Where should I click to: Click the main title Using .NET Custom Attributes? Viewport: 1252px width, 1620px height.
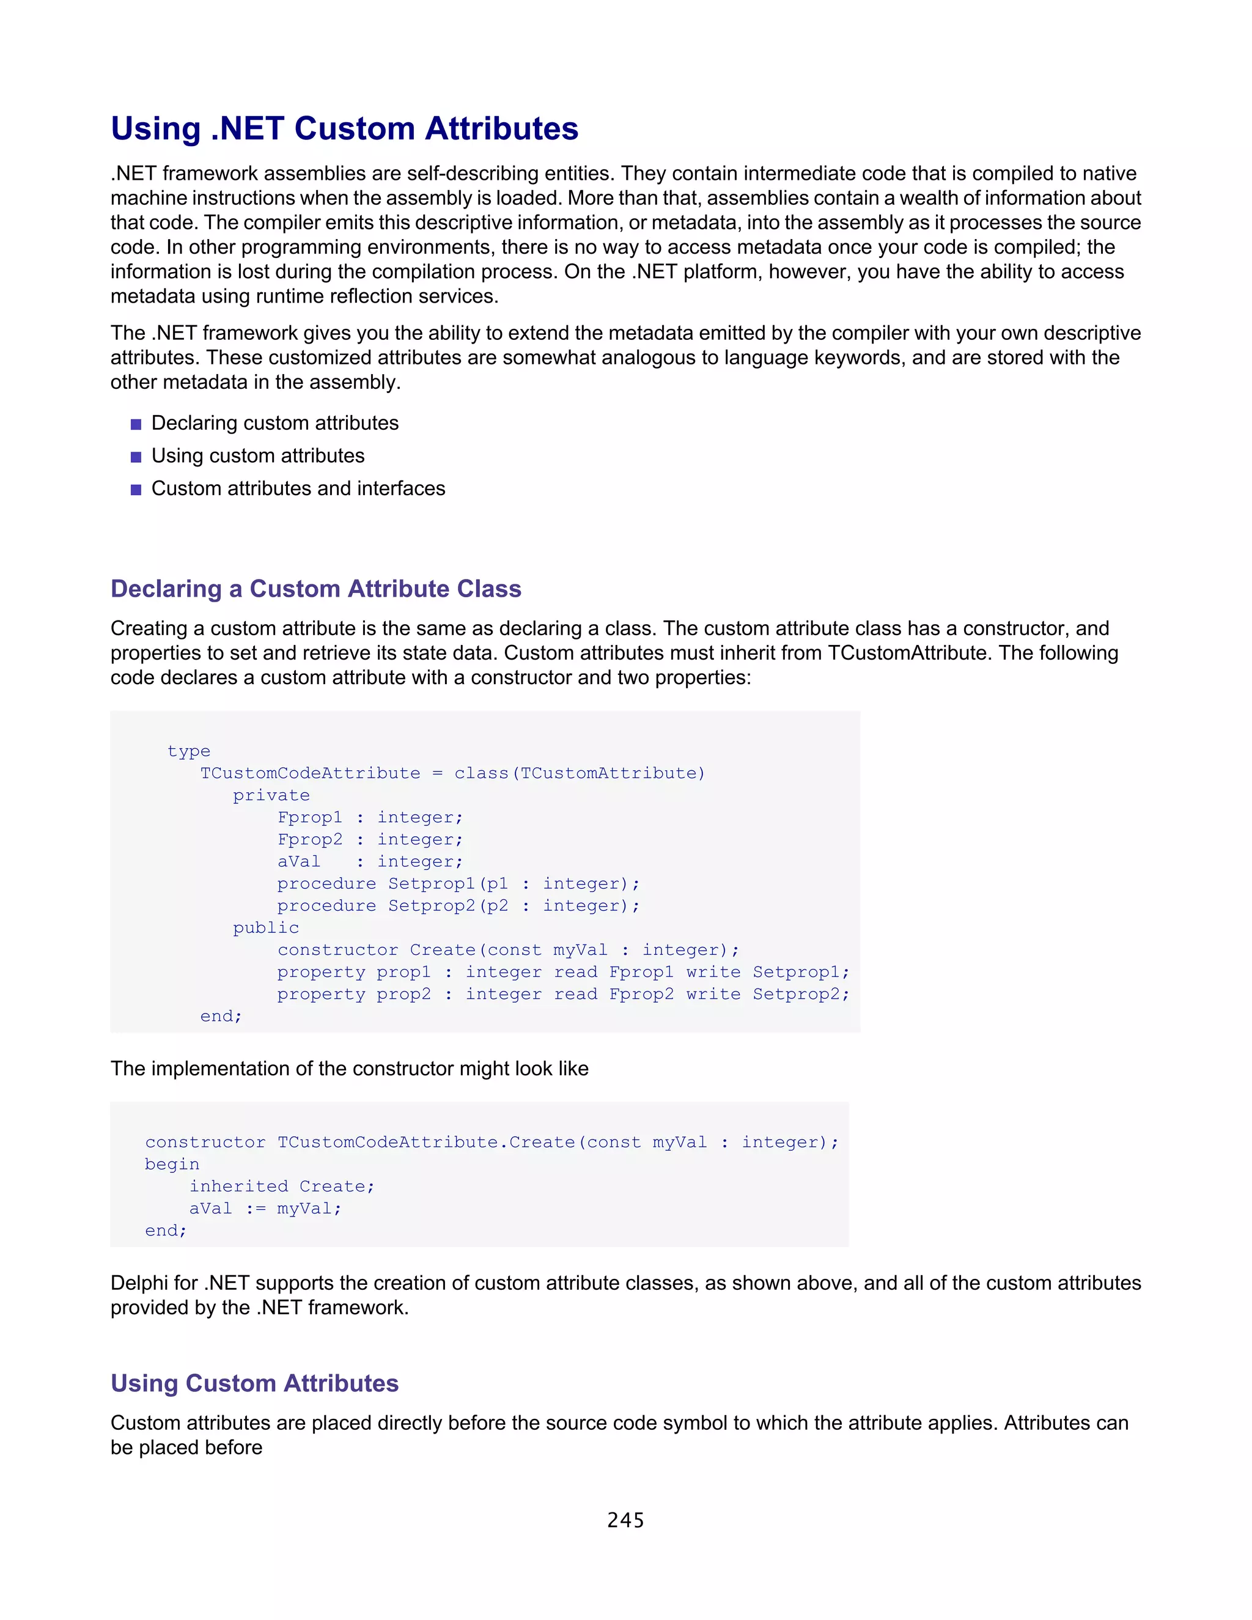344,128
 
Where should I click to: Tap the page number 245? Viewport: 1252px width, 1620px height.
625,1520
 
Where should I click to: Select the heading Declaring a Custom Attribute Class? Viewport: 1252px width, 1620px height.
316,588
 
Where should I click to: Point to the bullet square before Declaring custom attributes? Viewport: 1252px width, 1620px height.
136,424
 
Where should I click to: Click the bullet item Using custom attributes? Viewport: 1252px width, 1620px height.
257,455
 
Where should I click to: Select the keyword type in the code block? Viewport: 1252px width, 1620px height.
188,751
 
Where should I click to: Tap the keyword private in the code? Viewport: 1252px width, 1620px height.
271,795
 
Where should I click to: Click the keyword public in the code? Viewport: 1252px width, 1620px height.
265,927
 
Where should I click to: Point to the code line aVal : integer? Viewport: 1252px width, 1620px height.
369,861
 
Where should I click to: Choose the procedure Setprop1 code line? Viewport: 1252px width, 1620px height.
458,883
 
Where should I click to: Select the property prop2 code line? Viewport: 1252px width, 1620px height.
562,994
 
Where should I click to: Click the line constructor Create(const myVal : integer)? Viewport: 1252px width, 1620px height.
508,949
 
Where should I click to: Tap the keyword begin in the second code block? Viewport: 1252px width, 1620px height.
172,1164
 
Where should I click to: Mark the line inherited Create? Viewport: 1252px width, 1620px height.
282,1186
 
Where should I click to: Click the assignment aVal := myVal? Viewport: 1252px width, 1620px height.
265,1209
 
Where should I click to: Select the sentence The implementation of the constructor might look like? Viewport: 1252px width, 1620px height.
349,1068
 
